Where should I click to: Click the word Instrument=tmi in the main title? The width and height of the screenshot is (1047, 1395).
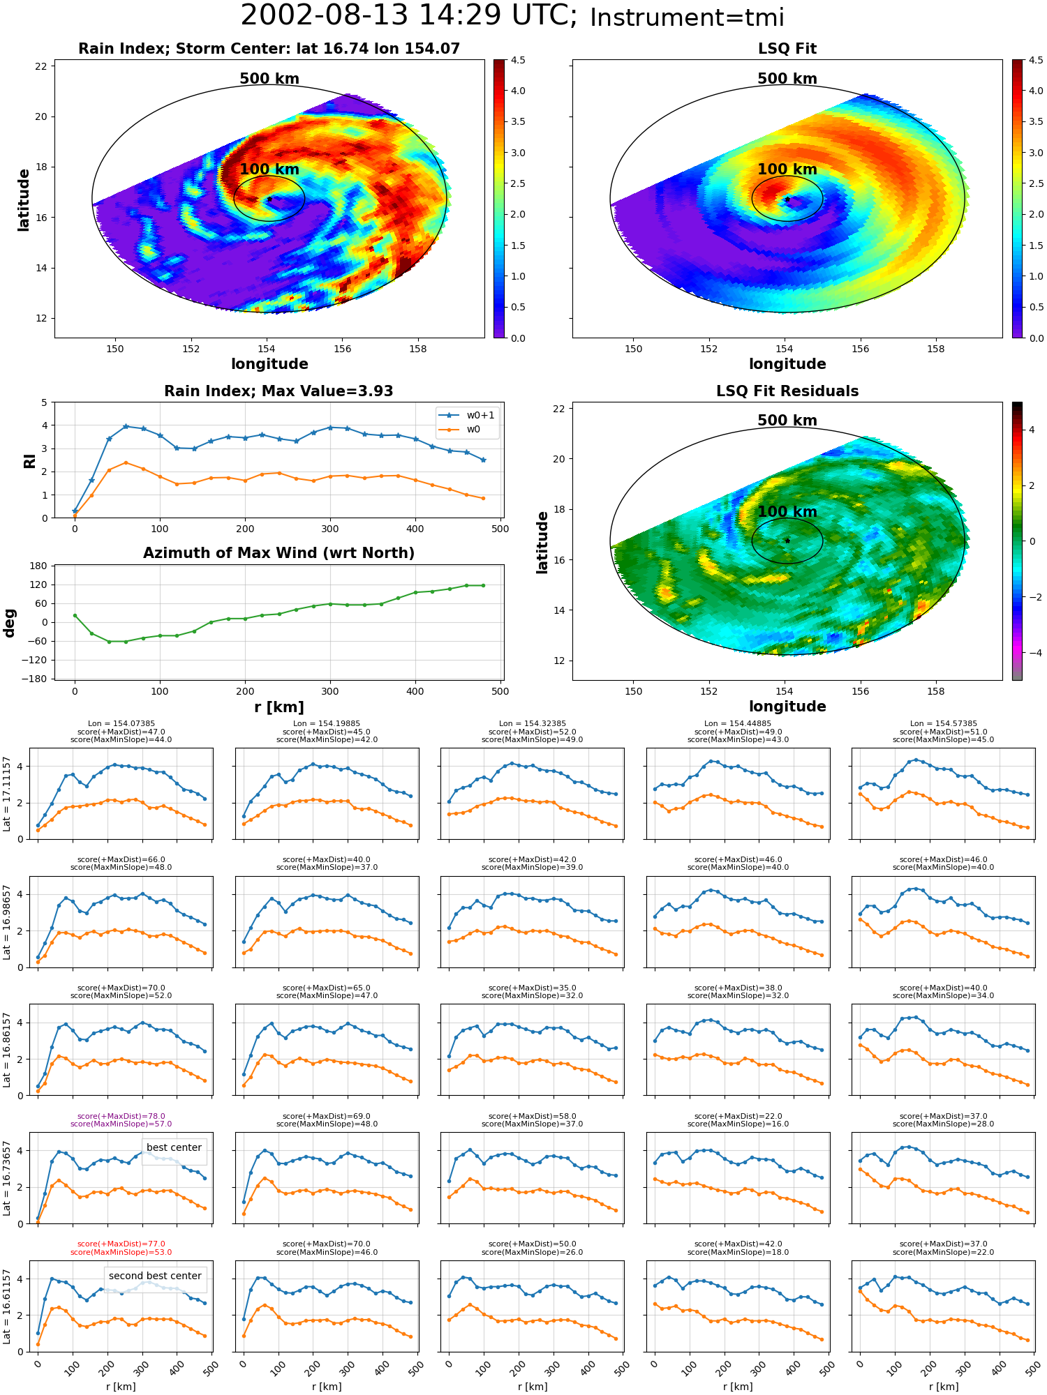(x=687, y=18)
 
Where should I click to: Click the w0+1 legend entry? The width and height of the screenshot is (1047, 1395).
(x=468, y=415)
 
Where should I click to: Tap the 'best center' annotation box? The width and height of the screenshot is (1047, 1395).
(x=174, y=1147)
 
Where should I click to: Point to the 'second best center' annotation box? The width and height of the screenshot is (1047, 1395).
(x=155, y=1276)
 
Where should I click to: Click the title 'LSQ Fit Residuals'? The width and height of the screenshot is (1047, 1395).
(x=787, y=391)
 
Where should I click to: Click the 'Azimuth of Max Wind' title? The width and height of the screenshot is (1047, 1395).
(x=279, y=553)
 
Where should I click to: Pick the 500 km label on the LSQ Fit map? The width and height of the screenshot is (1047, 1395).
(x=787, y=79)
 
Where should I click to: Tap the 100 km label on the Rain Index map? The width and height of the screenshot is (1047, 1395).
(x=269, y=169)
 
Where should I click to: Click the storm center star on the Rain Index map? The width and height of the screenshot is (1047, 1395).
(x=269, y=199)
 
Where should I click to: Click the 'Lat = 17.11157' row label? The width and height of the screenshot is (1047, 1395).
(x=7, y=794)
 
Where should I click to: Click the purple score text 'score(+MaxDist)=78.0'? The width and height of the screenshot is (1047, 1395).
(x=121, y=1116)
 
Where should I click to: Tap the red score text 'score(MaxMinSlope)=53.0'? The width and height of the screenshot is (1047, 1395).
(x=121, y=1252)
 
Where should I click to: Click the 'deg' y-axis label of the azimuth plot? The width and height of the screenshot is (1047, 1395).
(x=10, y=622)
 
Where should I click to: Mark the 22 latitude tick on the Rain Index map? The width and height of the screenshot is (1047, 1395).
(x=41, y=66)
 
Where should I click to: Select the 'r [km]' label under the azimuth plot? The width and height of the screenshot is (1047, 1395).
(x=279, y=707)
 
